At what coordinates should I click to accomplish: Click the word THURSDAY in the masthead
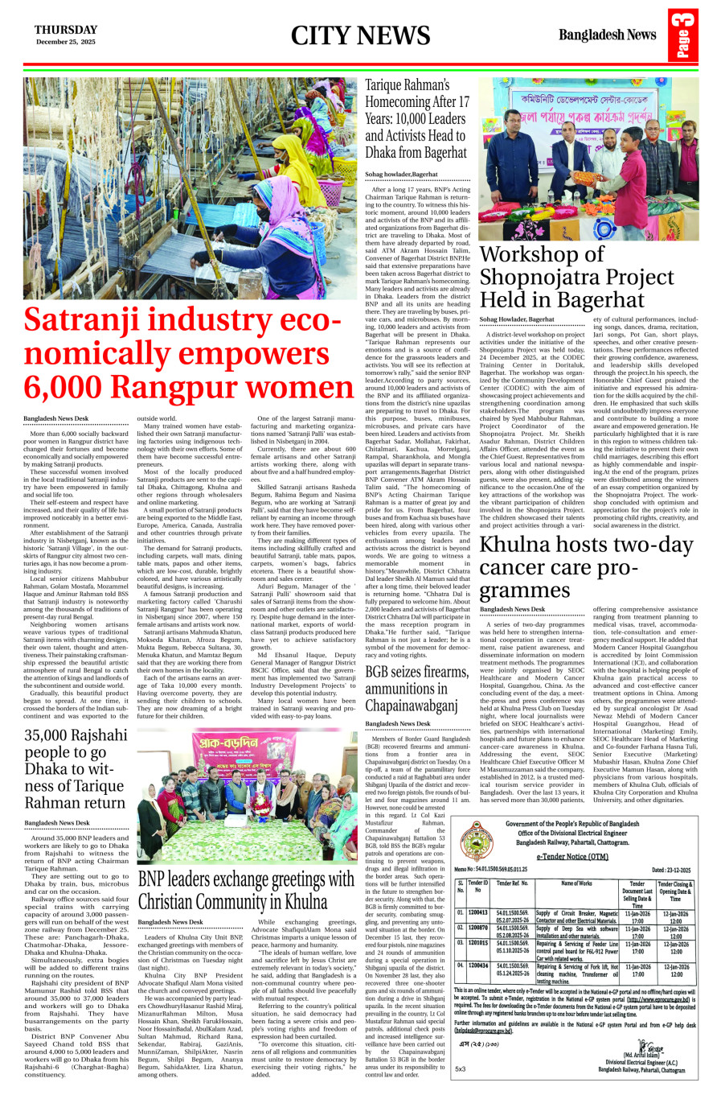point(65,30)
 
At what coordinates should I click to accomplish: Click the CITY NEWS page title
point(361,35)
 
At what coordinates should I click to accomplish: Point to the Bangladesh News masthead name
point(608,35)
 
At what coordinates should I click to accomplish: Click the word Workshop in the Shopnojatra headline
point(541,255)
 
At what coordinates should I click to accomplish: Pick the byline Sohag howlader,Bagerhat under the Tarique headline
point(402,174)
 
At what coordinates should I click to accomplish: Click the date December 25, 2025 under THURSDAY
point(65,42)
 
